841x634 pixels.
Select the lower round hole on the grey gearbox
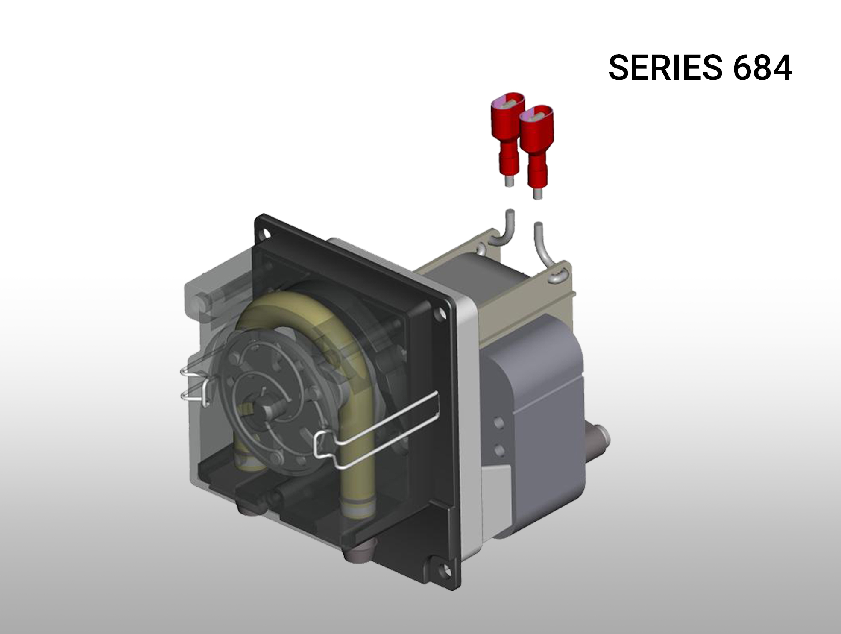pyautogui.click(x=498, y=449)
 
